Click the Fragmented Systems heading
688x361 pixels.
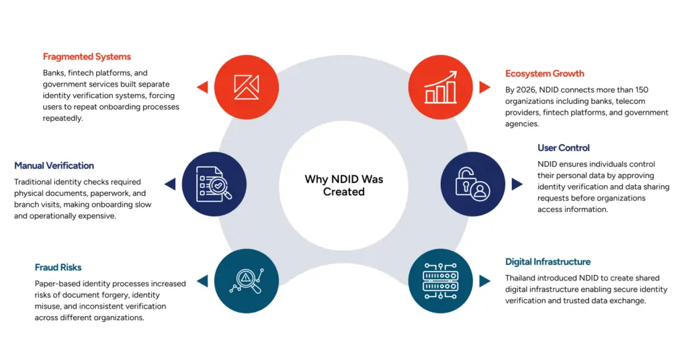point(87,57)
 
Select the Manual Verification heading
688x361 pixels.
point(54,166)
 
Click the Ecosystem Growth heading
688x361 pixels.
point(545,74)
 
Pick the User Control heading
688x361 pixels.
point(564,148)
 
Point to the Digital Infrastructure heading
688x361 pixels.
point(548,262)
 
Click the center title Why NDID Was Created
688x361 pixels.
point(344,185)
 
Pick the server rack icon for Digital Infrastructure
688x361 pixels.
point(441,281)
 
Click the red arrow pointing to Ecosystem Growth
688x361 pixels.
point(485,87)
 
